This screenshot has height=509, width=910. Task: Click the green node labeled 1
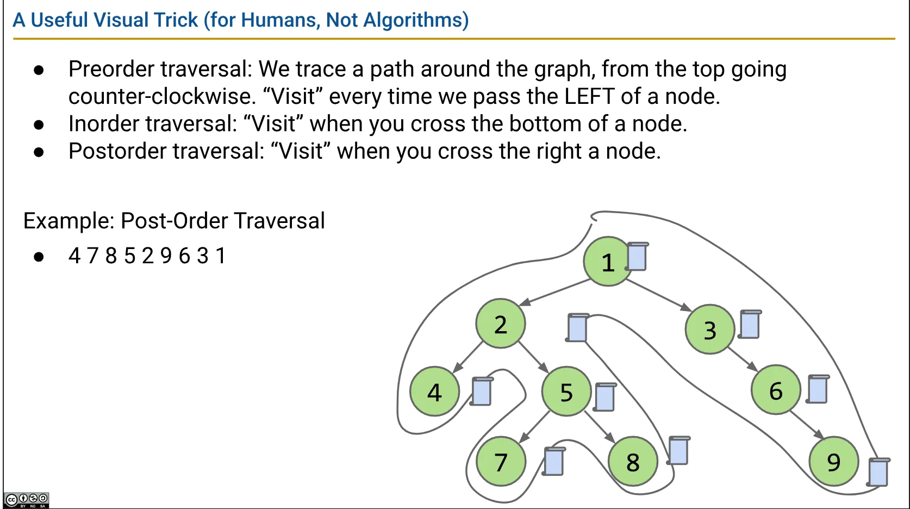(x=608, y=262)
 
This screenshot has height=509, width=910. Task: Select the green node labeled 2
(x=501, y=324)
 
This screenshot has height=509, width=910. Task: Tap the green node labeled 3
(x=710, y=329)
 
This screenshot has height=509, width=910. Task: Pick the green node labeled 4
(x=435, y=391)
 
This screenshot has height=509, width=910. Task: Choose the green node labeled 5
(x=566, y=391)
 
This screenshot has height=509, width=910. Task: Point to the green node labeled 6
(x=776, y=389)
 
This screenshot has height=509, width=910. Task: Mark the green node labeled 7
(x=501, y=461)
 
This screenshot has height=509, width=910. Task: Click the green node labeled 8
(x=633, y=461)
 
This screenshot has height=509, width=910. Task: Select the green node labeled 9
(x=834, y=461)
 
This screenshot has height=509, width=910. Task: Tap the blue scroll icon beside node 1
(x=637, y=257)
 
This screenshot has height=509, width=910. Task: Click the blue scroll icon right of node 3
(x=750, y=325)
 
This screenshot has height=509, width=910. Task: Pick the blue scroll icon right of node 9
(x=878, y=472)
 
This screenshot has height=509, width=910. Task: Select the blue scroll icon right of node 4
(x=482, y=391)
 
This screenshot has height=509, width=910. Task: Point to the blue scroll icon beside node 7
(x=554, y=462)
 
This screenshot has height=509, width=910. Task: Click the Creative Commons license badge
(x=27, y=500)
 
